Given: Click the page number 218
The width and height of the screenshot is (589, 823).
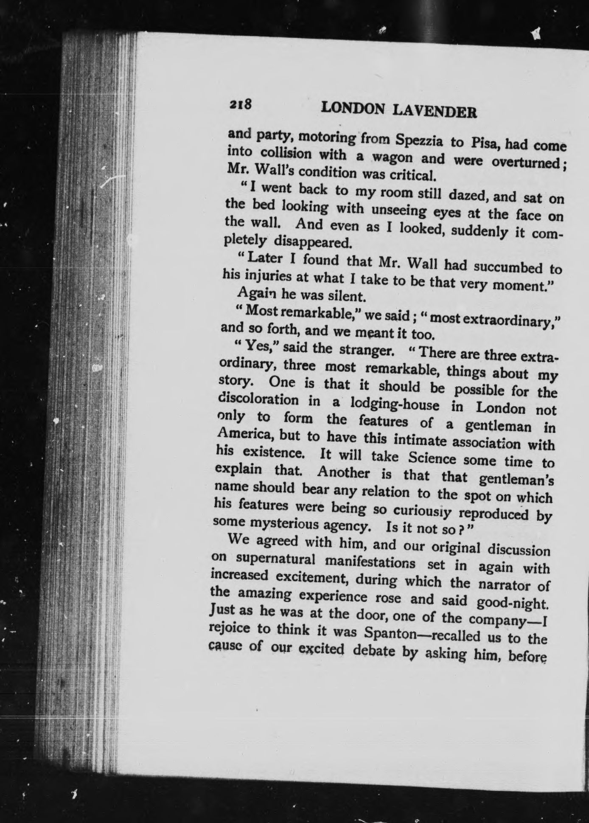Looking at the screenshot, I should click(241, 105).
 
